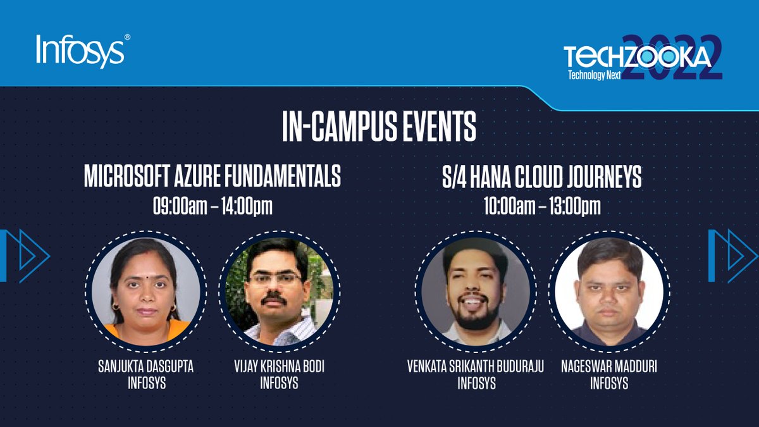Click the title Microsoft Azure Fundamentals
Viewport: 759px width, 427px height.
(x=213, y=178)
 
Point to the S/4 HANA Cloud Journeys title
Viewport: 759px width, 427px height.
(x=542, y=178)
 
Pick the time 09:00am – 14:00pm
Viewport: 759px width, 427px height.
(x=213, y=207)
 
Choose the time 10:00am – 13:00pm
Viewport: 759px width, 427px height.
(x=542, y=207)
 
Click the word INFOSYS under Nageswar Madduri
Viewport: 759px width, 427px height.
(x=608, y=383)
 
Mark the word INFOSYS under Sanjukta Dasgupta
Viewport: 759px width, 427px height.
(x=146, y=383)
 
